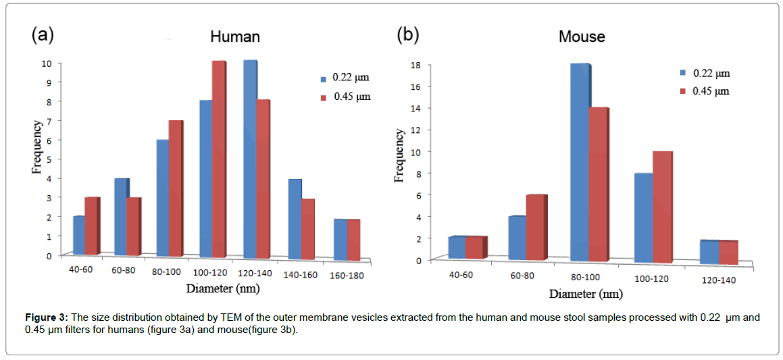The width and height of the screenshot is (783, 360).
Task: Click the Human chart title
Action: click(234, 36)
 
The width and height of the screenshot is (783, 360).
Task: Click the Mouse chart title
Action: click(582, 36)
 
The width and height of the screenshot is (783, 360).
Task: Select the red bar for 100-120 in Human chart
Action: click(218, 159)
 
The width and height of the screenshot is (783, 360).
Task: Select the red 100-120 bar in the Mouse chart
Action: click(663, 206)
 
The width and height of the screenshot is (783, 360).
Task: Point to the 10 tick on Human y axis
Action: click(47, 63)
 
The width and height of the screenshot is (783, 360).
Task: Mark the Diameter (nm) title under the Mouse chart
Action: click(586, 294)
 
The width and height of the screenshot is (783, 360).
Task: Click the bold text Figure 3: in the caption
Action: click(46, 317)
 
